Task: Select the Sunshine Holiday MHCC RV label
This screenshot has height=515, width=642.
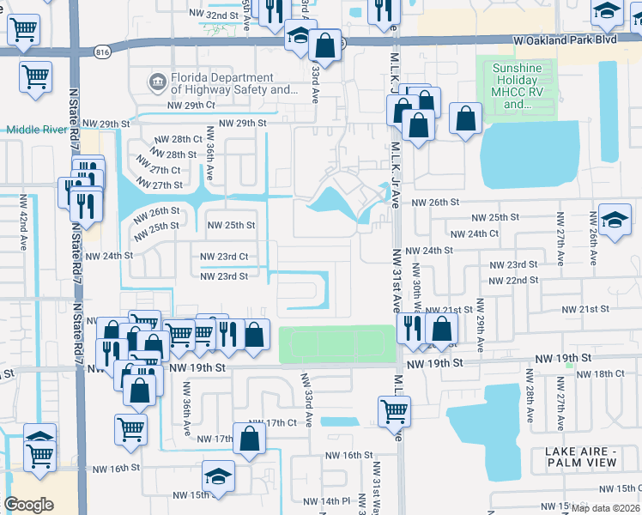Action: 519,86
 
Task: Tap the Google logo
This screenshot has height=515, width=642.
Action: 29,505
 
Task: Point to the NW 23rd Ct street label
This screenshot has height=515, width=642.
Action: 224,257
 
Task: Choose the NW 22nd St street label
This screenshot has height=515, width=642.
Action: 513,280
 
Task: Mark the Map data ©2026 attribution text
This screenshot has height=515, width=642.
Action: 605,508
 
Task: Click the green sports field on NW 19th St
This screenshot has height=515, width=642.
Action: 336,345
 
